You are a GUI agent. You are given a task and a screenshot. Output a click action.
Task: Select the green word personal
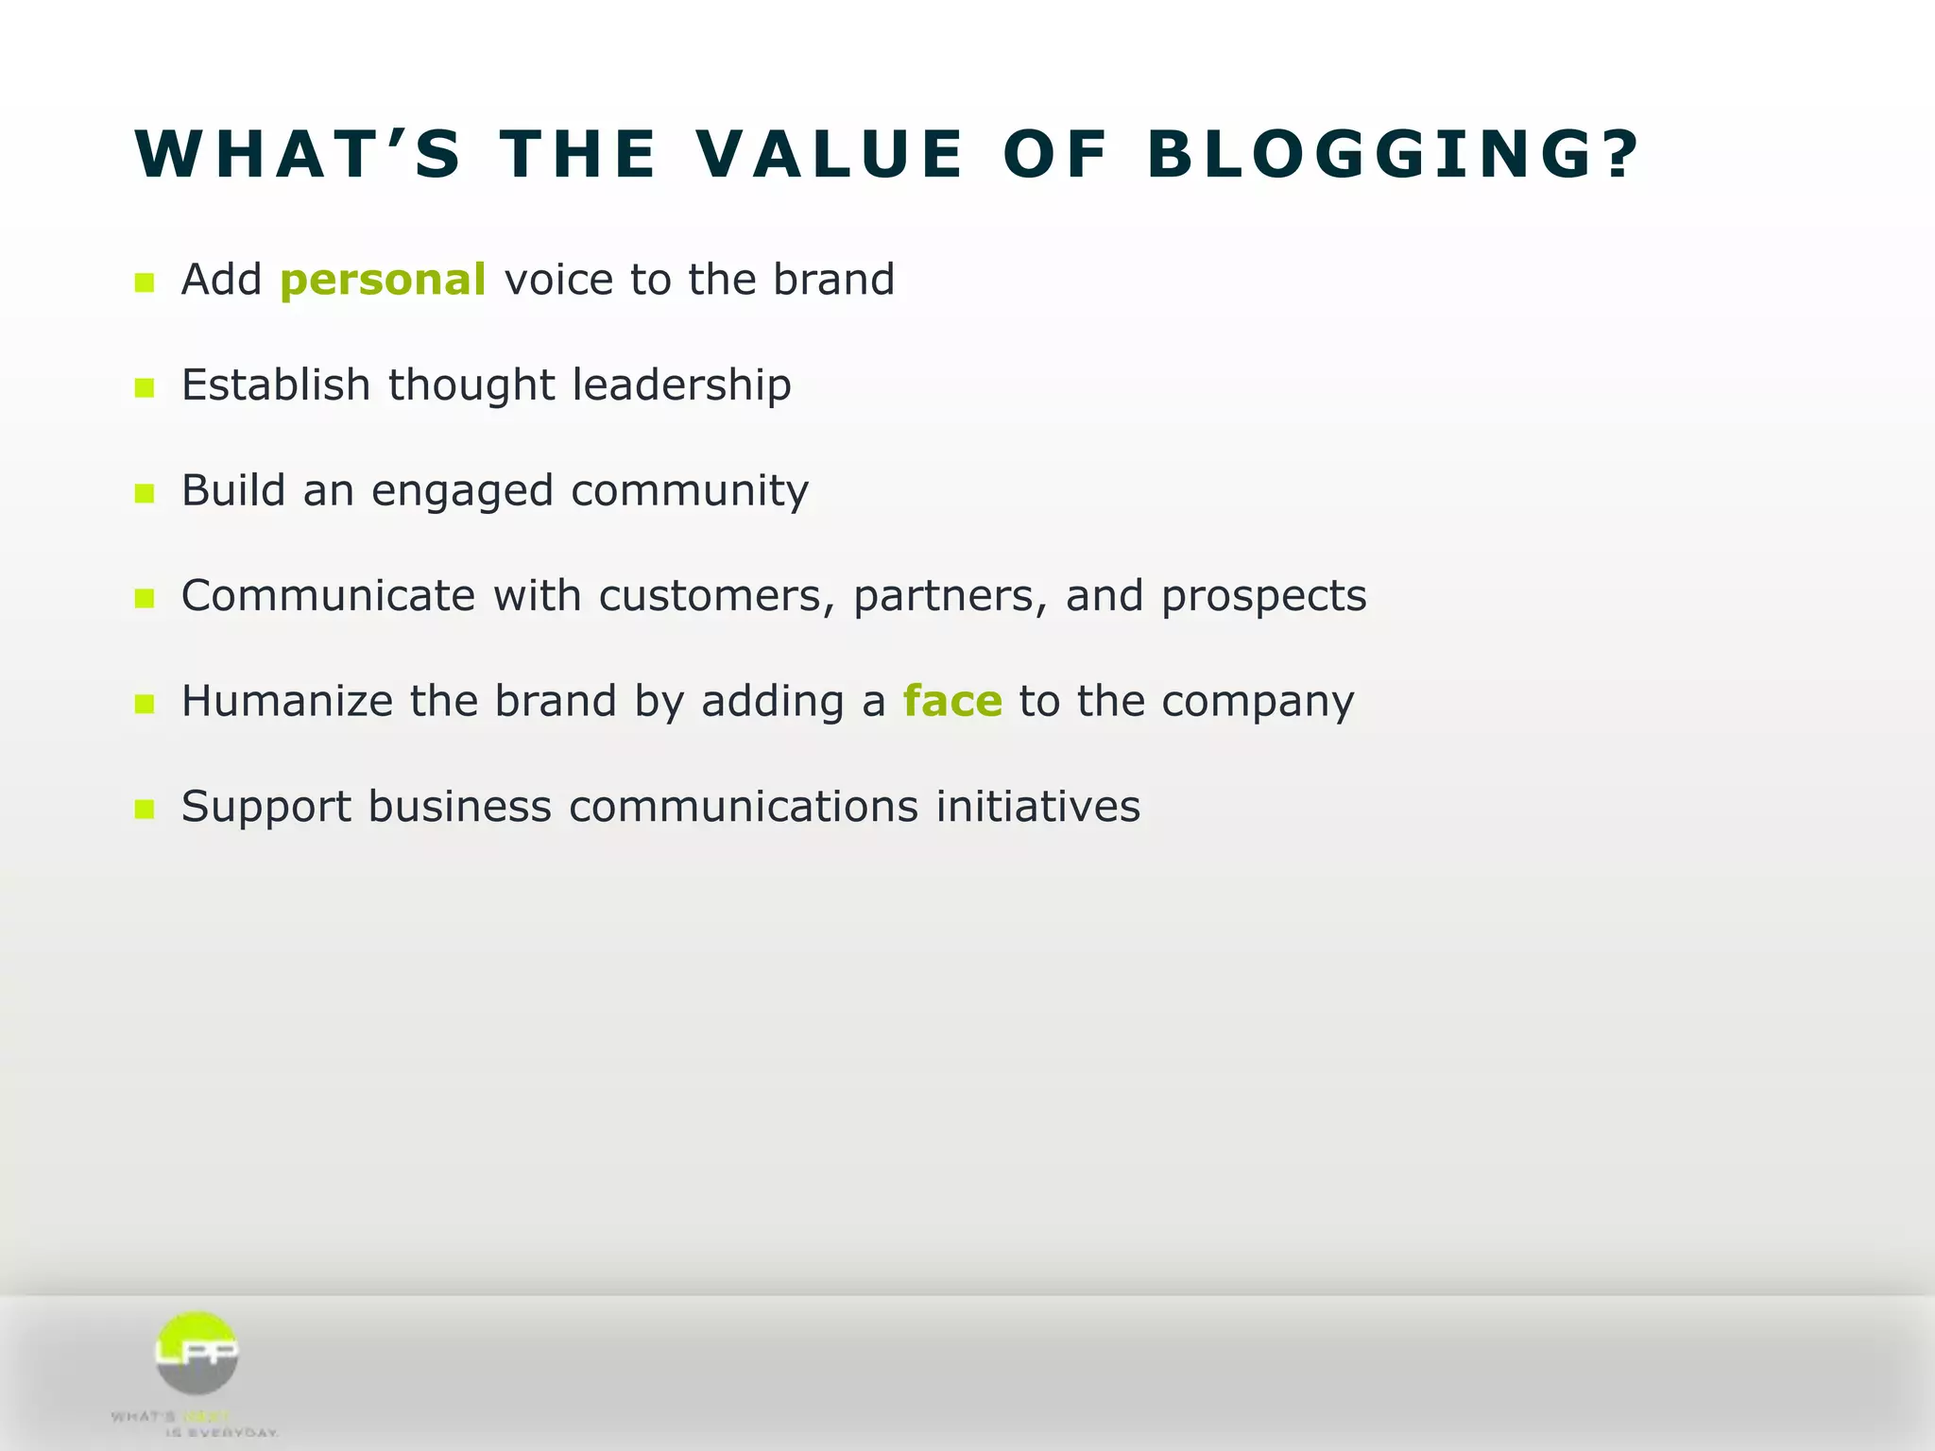tap(383, 281)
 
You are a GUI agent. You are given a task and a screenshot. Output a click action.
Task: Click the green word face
tap(951, 702)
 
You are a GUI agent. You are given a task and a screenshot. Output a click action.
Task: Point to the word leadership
tap(681, 385)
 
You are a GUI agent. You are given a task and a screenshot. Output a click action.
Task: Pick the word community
tap(690, 491)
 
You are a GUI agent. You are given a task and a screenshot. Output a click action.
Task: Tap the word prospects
tap(1263, 597)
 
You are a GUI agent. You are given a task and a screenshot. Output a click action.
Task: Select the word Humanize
tap(287, 702)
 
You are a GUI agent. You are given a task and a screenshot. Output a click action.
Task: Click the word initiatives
tap(1037, 808)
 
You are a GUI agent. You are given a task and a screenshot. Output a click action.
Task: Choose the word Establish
tap(275, 385)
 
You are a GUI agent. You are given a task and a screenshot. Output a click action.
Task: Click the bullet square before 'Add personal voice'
tap(145, 282)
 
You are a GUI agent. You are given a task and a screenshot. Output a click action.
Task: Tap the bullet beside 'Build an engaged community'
tap(145, 493)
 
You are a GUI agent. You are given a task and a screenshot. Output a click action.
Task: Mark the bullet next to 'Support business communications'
tap(145, 810)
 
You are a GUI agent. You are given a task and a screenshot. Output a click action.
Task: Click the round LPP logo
tap(197, 1353)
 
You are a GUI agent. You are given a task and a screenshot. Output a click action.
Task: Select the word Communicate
tap(328, 597)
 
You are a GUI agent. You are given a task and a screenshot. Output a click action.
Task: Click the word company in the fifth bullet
tap(1258, 702)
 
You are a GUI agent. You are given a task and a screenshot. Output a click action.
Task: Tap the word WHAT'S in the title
tap(299, 154)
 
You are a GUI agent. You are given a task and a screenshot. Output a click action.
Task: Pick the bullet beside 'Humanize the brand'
tap(145, 704)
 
